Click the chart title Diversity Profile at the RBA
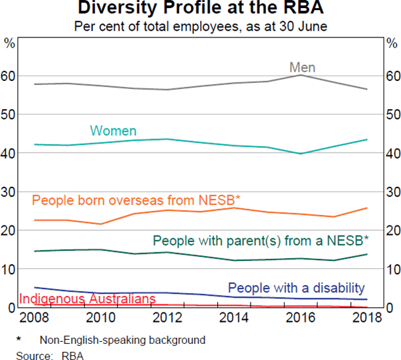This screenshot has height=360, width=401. point(201,9)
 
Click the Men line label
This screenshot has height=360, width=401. point(302,68)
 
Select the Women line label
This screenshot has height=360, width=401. point(113,131)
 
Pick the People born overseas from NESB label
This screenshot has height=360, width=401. point(136,200)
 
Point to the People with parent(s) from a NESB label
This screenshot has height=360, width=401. point(261,240)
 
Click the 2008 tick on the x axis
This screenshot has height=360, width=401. point(35,317)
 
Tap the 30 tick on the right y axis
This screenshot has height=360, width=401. point(392,192)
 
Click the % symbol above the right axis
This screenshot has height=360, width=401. point(392,43)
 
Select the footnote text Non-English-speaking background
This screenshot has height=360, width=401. point(122,340)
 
